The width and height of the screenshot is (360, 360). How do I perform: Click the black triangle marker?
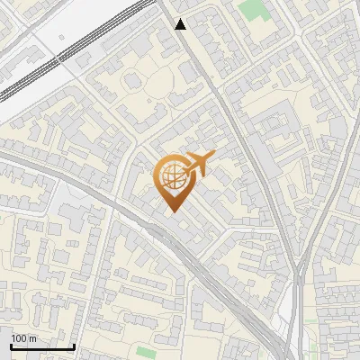click(181, 24)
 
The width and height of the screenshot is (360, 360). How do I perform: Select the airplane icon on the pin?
click(195, 164)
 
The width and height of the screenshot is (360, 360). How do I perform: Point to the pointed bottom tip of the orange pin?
click(173, 211)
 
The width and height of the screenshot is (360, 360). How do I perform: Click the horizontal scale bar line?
click(42, 346)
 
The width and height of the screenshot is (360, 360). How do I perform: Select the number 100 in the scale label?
click(20, 338)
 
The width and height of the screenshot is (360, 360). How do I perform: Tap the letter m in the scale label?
click(32, 338)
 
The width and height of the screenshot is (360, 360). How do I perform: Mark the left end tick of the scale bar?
click(11, 345)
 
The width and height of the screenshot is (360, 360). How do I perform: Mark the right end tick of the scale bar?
click(74, 345)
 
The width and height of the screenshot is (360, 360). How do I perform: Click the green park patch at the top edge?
click(255, 9)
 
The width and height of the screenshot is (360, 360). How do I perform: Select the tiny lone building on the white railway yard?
click(61, 38)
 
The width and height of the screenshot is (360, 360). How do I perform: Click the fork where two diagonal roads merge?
click(297, 270)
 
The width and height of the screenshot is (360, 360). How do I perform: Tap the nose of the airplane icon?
click(212, 156)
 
